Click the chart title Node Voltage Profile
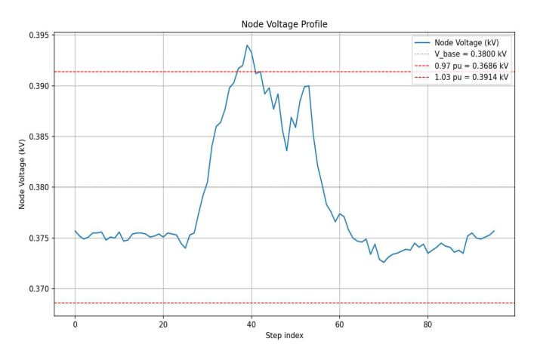point(283,24)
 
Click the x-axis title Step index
point(283,335)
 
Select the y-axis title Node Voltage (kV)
point(23,175)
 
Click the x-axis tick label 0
point(75,324)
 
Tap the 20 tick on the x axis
point(163,324)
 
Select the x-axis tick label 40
point(252,324)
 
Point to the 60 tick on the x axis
point(339,324)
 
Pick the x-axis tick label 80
point(428,324)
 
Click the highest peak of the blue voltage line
point(247,45)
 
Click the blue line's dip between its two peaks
point(286,150)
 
